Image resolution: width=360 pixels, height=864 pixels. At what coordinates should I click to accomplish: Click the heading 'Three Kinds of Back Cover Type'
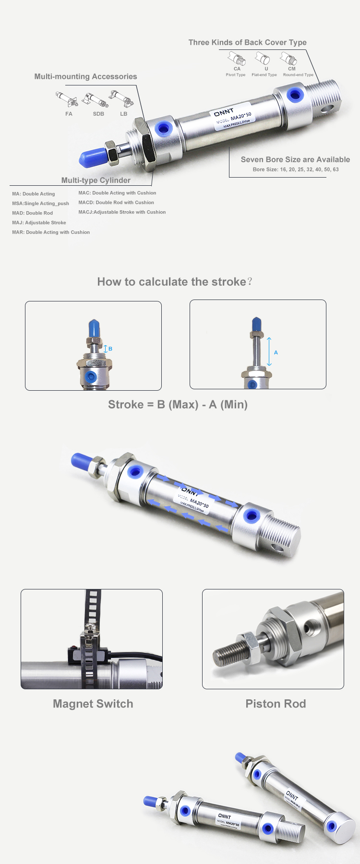(247, 42)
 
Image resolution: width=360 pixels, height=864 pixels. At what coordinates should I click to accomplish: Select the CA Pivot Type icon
(237, 59)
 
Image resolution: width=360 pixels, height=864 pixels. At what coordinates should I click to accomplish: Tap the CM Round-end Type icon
(289, 59)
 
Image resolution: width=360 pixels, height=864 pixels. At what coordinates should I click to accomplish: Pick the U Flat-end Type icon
(263, 59)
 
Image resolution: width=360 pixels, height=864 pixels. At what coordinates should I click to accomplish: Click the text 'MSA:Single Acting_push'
(40, 204)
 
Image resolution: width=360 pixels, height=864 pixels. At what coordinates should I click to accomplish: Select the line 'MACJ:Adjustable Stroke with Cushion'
(122, 212)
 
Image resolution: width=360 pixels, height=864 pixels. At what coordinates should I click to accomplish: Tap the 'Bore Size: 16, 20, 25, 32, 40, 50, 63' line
(296, 169)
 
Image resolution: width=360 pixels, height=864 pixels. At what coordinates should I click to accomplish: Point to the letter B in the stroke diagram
(110, 349)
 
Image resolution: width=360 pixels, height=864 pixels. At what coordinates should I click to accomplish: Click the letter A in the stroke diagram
(276, 352)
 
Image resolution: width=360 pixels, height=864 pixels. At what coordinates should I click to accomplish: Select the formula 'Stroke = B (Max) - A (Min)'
(178, 405)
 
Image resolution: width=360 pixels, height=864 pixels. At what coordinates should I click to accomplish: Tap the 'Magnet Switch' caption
(93, 704)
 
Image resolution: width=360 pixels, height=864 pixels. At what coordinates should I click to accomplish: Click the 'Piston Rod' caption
(276, 704)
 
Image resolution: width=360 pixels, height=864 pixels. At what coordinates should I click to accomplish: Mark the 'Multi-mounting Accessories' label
(85, 76)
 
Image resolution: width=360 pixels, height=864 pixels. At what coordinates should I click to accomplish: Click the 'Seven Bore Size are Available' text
(295, 159)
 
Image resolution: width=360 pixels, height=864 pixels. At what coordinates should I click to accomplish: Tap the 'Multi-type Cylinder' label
(96, 180)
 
